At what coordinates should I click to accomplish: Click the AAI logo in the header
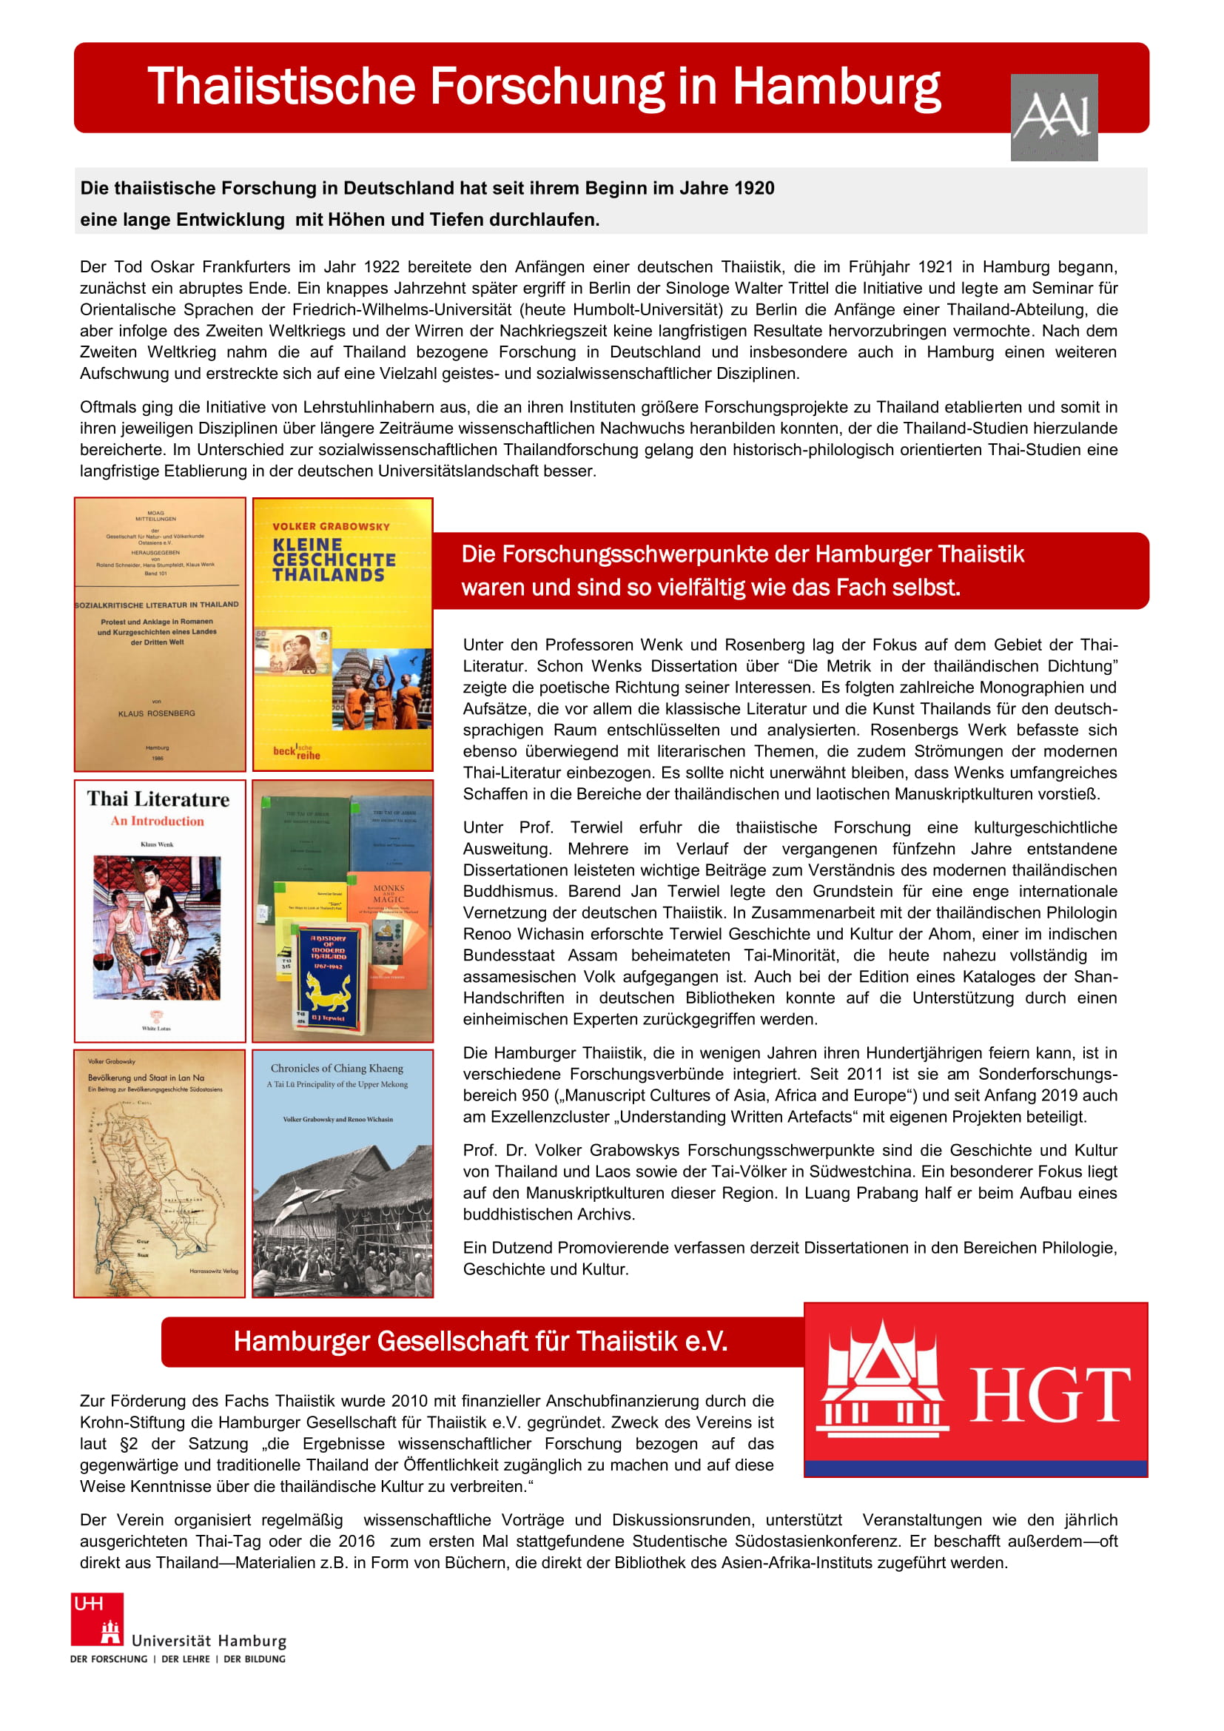1053,117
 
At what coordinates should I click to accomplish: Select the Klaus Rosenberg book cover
160,633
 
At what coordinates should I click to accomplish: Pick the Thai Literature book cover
160,911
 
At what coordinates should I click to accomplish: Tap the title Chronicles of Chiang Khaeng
337,1068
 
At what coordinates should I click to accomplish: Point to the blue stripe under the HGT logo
975,1468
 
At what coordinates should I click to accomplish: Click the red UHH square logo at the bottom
97,1619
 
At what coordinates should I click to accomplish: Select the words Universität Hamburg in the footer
209,1641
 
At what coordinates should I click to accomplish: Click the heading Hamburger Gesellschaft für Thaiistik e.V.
480,1340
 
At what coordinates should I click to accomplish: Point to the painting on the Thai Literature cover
157,927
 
